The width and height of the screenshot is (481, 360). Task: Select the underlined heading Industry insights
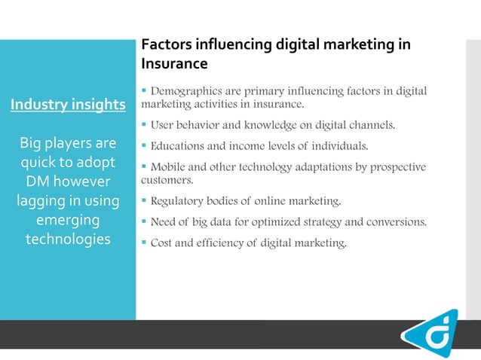pyautogui.click(x=68, y=104)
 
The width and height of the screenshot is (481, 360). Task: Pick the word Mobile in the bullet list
pyautogui.click(x=167, y=166)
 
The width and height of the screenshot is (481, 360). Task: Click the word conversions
pyautogui.click(x=400, y=221)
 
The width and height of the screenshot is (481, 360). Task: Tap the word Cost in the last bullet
pyautogui.click(x=162, y=243)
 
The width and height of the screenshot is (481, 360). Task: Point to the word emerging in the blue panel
pyautogui.click(x=68, y=220)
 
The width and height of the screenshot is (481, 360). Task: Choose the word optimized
pyautogui.click(x=280, y=221)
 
